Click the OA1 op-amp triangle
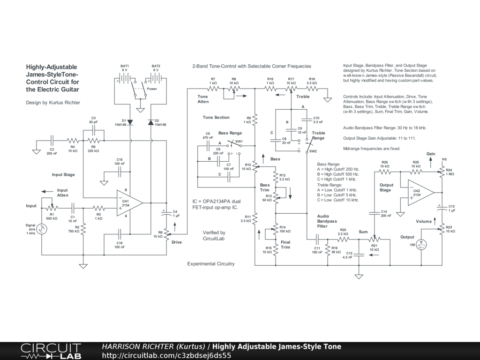coord(129,203)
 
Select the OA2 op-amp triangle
coord(420,193)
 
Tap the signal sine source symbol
coord(42,229)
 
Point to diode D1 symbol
coord(130,122)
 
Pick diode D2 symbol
coord(150,122)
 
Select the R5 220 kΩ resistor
coord(94,141)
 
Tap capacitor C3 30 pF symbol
coord(94,130)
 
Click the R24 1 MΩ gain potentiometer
coord(442,172)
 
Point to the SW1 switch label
coord(239,142)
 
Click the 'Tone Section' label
coord(216,117)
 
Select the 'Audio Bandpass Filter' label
coord(327,221)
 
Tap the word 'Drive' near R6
coord(177,242)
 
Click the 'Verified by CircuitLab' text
coord(214,235)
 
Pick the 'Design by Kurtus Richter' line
coord(53,103)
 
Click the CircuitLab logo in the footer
coord(51,351)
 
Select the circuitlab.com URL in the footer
coord(166,355)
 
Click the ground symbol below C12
coord(359,277)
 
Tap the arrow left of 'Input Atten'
coord(47,192)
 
